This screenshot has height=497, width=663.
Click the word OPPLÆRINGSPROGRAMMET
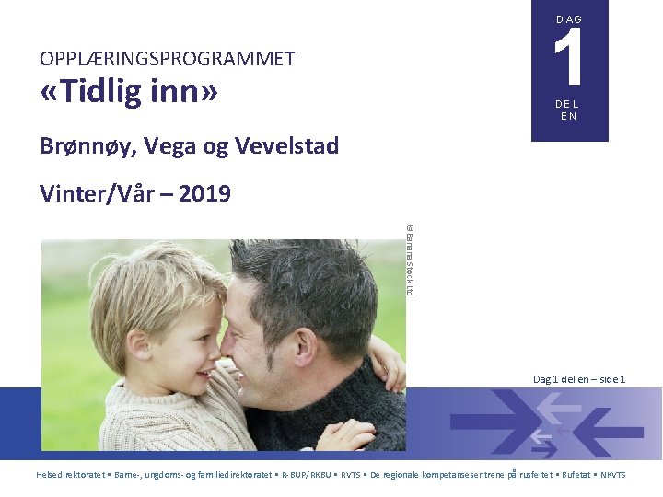coord(167,59)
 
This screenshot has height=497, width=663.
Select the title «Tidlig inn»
coord(129,93)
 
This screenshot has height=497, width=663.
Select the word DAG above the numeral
coord(569,19)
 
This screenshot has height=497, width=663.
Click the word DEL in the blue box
coord(568,105)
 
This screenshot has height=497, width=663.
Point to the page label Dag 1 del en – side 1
coord(579,379)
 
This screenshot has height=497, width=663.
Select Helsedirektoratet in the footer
coord(69,475)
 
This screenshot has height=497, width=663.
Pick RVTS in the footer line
coord(351,475)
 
